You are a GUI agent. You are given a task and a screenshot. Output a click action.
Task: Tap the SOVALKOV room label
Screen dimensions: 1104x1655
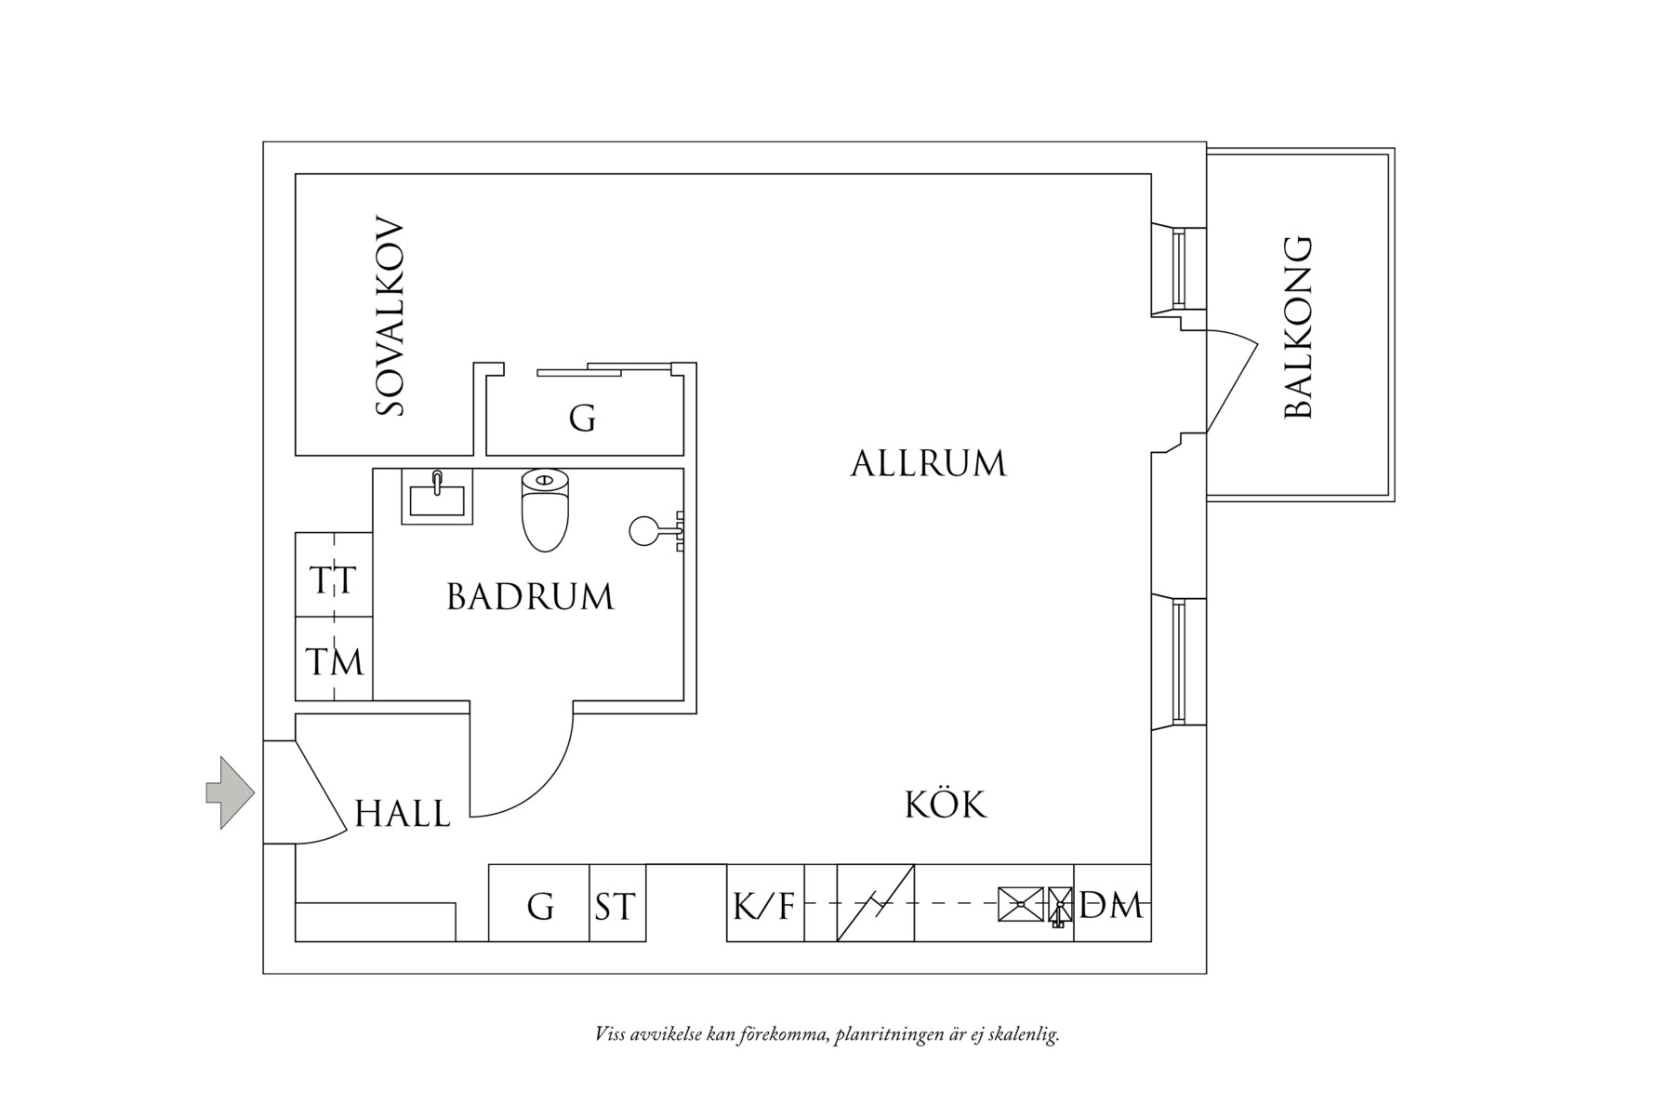coord(391,317)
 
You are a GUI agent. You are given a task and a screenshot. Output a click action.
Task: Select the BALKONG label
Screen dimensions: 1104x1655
coord(1298,327)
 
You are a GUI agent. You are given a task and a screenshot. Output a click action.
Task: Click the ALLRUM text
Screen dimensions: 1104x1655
coord(928,463)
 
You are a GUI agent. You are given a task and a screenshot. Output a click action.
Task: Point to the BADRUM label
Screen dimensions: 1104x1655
coord(530,597)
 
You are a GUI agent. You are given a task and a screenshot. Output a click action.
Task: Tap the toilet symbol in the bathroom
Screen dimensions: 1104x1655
coord(545,512)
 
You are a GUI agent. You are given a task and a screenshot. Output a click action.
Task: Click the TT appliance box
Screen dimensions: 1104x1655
coord(333,580)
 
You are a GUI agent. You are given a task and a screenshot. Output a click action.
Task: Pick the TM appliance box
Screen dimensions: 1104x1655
coord(334,662)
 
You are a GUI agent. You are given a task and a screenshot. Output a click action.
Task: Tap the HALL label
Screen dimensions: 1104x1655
coord(403,814)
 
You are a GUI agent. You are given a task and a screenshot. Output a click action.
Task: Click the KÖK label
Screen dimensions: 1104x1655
coord(946,805)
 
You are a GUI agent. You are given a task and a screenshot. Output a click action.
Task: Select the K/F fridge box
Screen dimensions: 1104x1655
coord(764,904)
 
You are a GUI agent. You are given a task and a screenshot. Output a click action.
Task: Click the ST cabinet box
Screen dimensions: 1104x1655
coord(616,905)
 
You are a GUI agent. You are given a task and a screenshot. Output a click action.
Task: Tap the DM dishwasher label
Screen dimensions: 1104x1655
coord(1112,904)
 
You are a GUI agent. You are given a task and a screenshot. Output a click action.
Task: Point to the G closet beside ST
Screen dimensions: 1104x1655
coord(539,905)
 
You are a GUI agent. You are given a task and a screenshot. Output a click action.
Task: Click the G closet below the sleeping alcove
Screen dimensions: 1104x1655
coord(582,419)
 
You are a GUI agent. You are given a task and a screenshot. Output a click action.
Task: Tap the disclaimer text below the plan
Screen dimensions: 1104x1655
coord(827,1034)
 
